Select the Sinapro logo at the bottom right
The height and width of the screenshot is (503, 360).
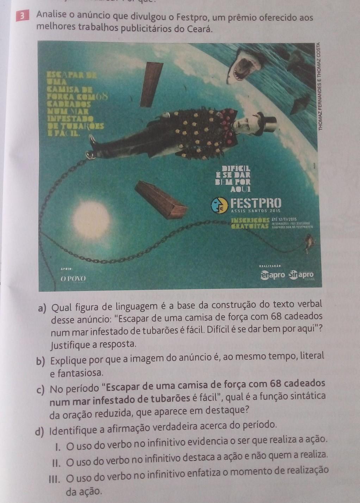pos(301,275)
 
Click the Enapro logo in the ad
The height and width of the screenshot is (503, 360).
pos(273,275)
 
